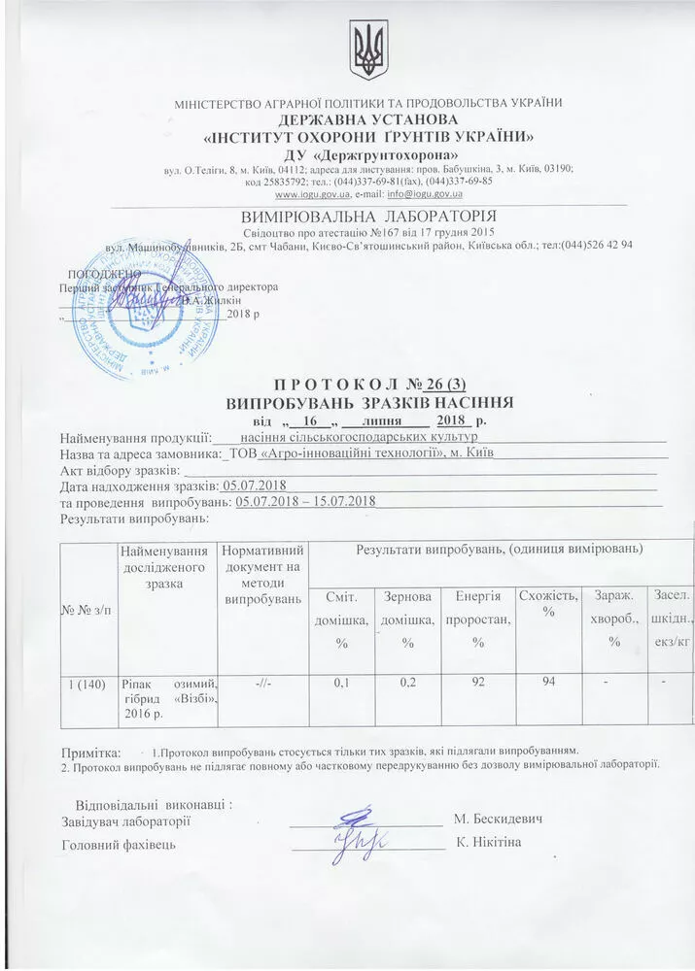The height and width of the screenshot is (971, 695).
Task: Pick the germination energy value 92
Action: tap(477, 685)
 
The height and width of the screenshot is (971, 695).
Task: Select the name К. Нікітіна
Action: tap(489, 842)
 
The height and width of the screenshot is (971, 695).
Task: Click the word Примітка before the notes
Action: tap(90, 752)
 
